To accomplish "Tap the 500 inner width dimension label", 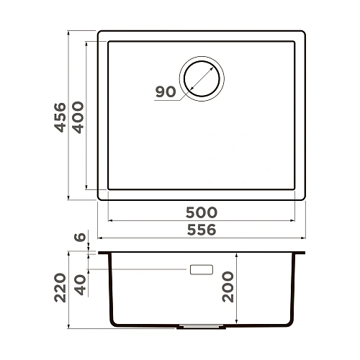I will (201, 213).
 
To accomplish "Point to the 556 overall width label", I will (201, 230).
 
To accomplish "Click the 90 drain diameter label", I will (165, 92).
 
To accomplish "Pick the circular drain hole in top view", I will (202, 76).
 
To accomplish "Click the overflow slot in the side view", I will (201, 270).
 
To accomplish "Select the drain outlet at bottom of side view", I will (192, 325).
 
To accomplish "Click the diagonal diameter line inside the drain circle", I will (202, 76).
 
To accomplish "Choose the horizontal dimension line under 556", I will (201, 238).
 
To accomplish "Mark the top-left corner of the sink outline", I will (99, 32).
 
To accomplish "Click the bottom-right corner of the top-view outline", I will (302, 198).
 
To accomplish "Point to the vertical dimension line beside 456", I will (68, 116).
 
